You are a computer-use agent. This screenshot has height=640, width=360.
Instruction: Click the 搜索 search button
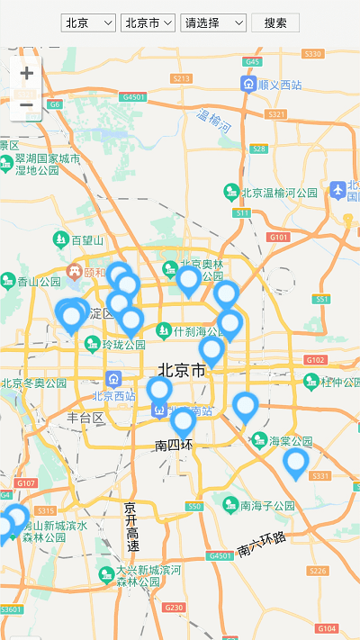tap(275, 23)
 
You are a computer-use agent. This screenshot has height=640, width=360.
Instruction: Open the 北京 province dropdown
tap(89, 23)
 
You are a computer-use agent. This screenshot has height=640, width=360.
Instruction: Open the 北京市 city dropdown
tap(148, 23)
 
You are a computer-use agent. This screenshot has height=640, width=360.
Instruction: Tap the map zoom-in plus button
tap(26, 73)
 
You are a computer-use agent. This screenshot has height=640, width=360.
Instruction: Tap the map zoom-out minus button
tap(26, 105)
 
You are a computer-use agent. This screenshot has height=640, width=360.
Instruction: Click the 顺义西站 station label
tap(278, 84)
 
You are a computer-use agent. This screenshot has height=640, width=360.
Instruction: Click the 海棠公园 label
tap(289, 441)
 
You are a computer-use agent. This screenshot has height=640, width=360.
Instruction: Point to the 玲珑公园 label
tap(123, 344)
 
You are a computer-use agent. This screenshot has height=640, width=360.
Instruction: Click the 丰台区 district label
tap(85, 418)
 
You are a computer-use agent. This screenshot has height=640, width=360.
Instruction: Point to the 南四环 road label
tap(174, 445)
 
